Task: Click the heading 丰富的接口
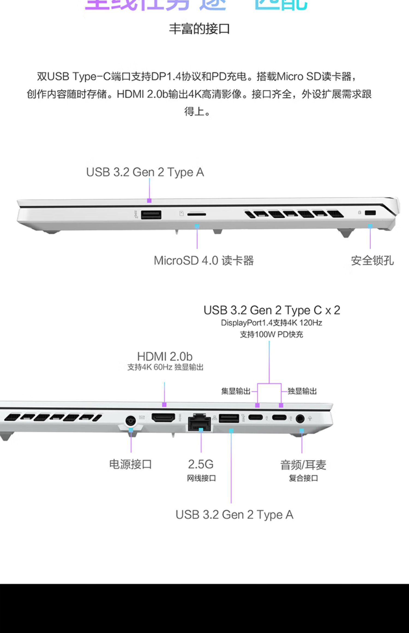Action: coord(199,29)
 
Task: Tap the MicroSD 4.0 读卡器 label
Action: coord(204,261)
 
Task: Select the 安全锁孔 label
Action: coord(372,261)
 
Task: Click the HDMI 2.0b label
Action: coord(165,357)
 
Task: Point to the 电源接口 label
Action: coord(130,464)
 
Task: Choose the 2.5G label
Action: coord(201,464)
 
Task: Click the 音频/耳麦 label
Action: coord(303,465)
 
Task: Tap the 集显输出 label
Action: coord(236,391)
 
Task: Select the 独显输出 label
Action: coord(302,391)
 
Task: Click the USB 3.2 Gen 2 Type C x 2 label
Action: coord(272,310)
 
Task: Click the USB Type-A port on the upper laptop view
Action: coord(151,215)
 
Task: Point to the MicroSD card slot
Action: coord(197,215)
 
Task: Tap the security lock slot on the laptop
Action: coord(370,213)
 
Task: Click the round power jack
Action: coord(131,421)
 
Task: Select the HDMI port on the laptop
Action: coord(163,418)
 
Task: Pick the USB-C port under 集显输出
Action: coord(255,417)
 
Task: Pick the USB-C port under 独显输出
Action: coord(279,417)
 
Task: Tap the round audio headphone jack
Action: coord(300,418)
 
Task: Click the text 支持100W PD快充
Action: coord(271,334)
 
